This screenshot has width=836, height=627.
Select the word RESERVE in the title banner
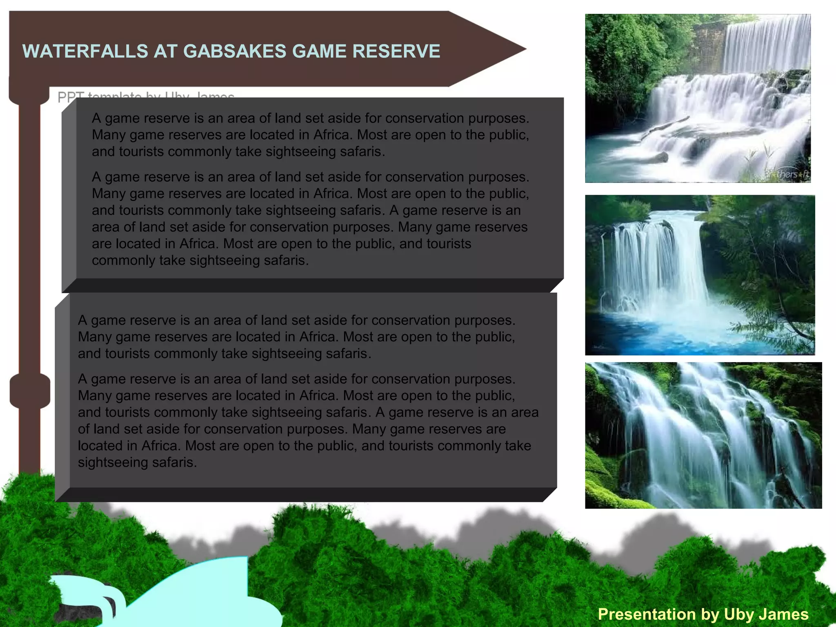tap(396, 51)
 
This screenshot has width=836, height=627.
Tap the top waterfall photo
tap(698, 98)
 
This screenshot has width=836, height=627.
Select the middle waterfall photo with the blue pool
tap(700, 275)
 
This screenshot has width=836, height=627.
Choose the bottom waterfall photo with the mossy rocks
tap(703, 435)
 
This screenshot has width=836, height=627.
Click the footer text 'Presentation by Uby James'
tap(703, 614)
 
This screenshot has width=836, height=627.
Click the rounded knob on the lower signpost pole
tap(30, 391)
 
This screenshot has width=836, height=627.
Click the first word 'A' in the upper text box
tap(96, 118)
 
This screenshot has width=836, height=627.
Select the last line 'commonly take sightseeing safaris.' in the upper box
tap(200, 260)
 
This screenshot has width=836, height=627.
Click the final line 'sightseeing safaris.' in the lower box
tap(137, 462)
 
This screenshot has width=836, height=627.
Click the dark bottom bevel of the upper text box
tap(310, 285)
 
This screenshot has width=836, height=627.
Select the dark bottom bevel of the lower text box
tap(306, 494)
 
